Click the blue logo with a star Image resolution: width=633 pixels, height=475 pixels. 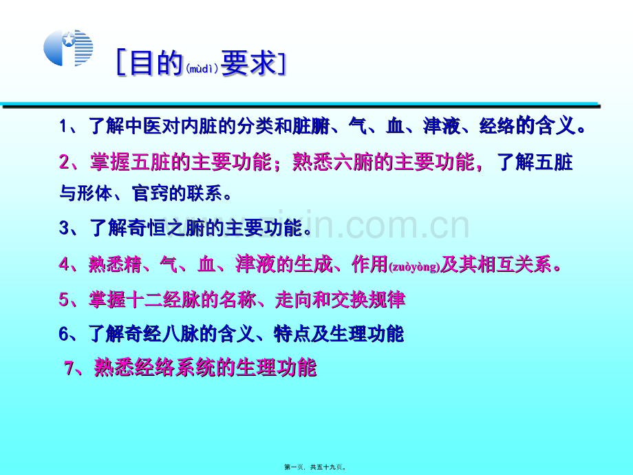68,47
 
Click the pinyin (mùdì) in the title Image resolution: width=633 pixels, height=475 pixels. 202,69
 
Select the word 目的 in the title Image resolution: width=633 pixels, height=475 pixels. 156,63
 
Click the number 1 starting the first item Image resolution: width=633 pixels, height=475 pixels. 63,126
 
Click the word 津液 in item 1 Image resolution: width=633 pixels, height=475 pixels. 441,126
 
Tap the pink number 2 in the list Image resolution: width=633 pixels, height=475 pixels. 64,162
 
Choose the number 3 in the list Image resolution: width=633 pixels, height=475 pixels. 64,227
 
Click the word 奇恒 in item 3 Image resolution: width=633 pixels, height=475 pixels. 147,227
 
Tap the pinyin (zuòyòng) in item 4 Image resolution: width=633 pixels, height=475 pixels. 414,267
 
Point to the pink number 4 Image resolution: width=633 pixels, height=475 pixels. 64,264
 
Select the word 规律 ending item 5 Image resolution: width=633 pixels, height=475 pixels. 387,299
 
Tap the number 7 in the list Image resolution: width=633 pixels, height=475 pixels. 69,368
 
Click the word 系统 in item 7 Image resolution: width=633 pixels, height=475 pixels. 195,368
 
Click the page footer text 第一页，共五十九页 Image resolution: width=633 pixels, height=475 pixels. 315,467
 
